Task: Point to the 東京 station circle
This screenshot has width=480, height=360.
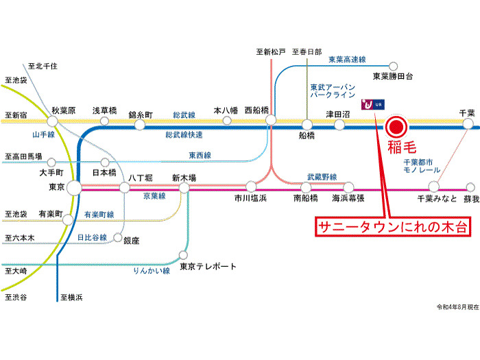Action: pyautogui.click(x=74, y=187)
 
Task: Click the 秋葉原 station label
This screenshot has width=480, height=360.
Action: pyautogui.click(x=63, y=110)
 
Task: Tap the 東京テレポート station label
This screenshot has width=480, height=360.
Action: pyautogui.click(x=208, y=267)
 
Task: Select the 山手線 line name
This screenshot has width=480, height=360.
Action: pyautogui.click(x=44, y=136)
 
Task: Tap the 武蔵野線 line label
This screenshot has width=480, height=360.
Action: pyautogui.click(x=322, y=177)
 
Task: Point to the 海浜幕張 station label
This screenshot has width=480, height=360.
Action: pyautogui.click(x=348, y=198)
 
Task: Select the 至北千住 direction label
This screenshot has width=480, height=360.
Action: pyautogui.click(x=43, y=67)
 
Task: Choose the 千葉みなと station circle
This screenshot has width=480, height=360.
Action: pyautogui.click(x=433, y=187)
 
